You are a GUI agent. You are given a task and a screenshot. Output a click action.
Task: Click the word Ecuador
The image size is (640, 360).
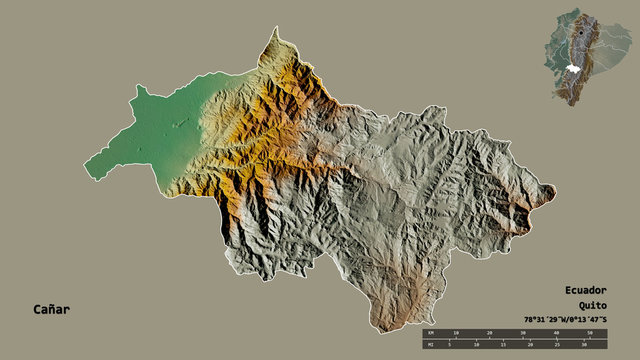pyautogui.click(x=586, y=289)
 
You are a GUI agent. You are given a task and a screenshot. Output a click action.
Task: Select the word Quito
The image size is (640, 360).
pyautogui.click(x=592, y=305)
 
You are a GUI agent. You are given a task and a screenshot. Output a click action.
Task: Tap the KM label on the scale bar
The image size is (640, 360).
pyautogui.click(x=430, y=331)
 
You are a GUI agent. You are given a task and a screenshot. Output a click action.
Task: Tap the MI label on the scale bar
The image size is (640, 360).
pyautogui.click(x=430, y=345)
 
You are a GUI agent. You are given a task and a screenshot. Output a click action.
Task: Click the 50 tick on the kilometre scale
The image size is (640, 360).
pyautogui.click(x=590, y=331)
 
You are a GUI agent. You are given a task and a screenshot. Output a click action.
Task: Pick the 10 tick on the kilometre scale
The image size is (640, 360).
pyautogui.click(x=457, y=331)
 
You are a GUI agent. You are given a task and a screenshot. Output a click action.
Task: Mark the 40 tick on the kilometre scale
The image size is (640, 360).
pyautogui.click(x=556, y=331)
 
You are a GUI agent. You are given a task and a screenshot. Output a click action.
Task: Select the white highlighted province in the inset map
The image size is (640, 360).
pyautogui.click(x=572, y=66)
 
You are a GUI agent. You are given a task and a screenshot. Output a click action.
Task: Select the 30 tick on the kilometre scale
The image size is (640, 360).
pyautogui.click(x=523, y=331)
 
